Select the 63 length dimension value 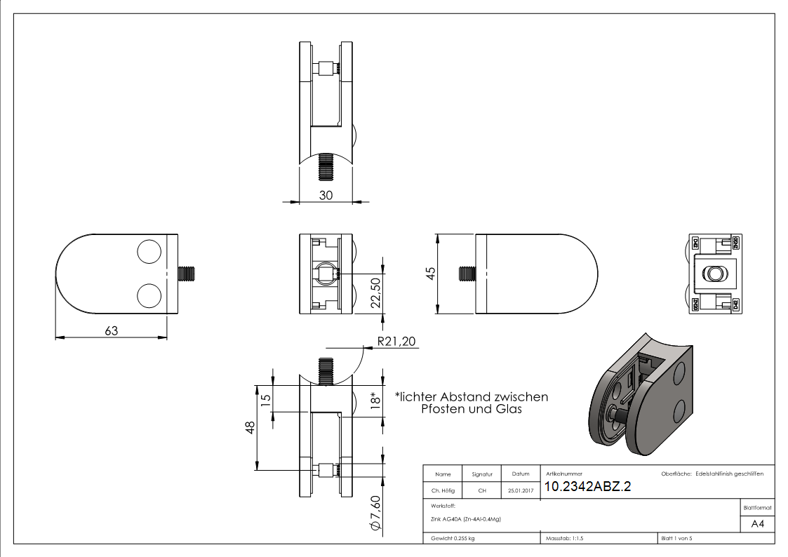[x=112, y=330]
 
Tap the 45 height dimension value [x=430, y=272]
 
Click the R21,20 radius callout [x=396, y=342]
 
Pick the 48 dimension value [x=251, y=428]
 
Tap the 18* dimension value [x=376, y=401]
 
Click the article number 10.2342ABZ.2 [x=587, y=487]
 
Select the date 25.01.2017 [x=520, y=491]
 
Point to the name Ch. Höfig [x=443, y=491]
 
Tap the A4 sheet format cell [x=757, y=523]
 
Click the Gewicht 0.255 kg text [x=453, y=538]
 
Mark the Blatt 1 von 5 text [x=676, y=538]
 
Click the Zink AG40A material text [x=466, y=519]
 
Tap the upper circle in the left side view [x=149, y=253]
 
